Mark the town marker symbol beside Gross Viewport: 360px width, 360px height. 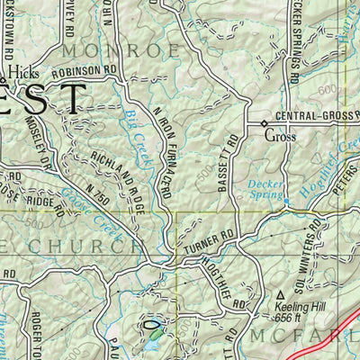tap(263, 123)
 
